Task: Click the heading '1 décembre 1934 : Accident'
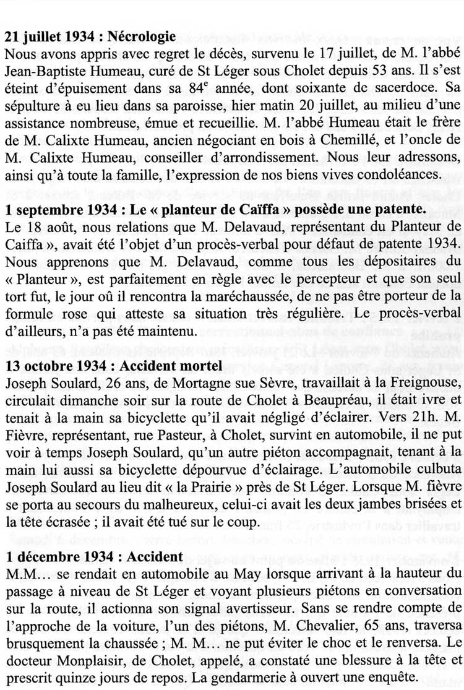93,557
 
